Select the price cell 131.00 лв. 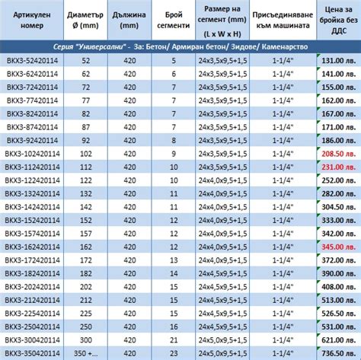pos(340,60)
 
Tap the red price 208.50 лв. pos(340,153)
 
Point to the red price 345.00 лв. pos(340,247)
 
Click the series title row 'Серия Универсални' pos(180,46)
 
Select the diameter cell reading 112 pos(85,166)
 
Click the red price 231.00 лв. pos(340,166)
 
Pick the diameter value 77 pos(85,100)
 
